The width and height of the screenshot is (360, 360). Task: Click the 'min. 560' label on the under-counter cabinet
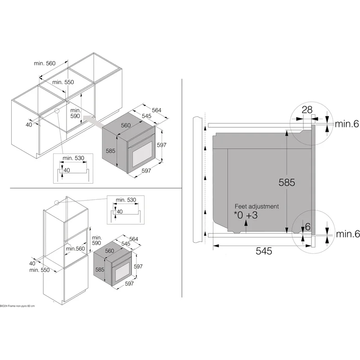coord(45,63)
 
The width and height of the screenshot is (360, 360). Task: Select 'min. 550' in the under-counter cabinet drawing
coord(63,82)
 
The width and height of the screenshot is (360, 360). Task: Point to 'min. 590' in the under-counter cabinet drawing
coord(75,113)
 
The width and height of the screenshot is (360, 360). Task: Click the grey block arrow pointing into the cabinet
coord(93,121)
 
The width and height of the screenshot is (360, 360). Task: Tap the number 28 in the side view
coord(307,110)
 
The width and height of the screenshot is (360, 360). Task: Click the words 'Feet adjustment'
coord(256,206)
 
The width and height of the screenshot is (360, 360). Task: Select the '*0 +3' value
coord(246,215)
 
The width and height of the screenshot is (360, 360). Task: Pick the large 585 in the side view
coord(287,182)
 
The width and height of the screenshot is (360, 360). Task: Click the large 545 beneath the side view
coord(264,251)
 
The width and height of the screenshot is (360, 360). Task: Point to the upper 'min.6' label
coord(346,124)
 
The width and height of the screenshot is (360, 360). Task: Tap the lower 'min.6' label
coord(347,234)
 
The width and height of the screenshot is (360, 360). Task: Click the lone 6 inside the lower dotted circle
coord(308,227)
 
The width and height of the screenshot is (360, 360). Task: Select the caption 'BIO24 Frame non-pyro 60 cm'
coord(18,306)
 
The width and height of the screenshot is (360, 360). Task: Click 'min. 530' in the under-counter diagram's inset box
coord(73,158)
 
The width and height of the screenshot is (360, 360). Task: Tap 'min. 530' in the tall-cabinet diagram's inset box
coord(126,200)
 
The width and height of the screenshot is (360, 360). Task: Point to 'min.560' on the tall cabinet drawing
coord(75,249)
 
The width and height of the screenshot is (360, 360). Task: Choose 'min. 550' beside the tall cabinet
coord(40,270)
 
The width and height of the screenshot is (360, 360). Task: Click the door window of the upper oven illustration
coord(143,154)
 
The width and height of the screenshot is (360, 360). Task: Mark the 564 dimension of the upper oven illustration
coord(157,110)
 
